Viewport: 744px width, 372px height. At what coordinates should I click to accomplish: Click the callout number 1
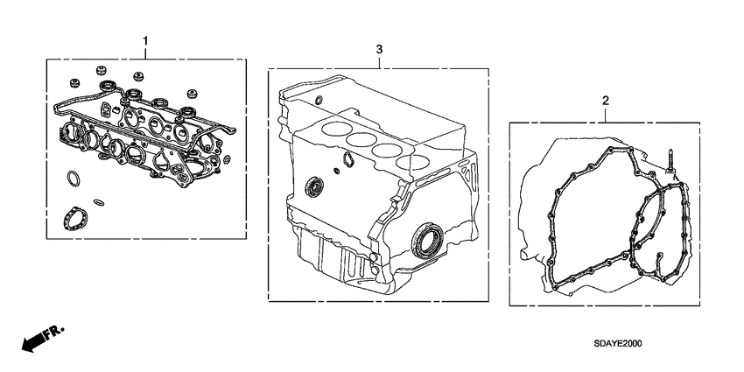(145, 40)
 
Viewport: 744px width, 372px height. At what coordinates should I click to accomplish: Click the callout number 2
(604, 102)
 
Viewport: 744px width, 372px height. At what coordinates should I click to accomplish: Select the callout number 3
(378, 51)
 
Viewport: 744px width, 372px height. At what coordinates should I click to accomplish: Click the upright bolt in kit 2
(668, 162)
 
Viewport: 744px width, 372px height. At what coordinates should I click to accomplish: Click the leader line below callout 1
(145, 53)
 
